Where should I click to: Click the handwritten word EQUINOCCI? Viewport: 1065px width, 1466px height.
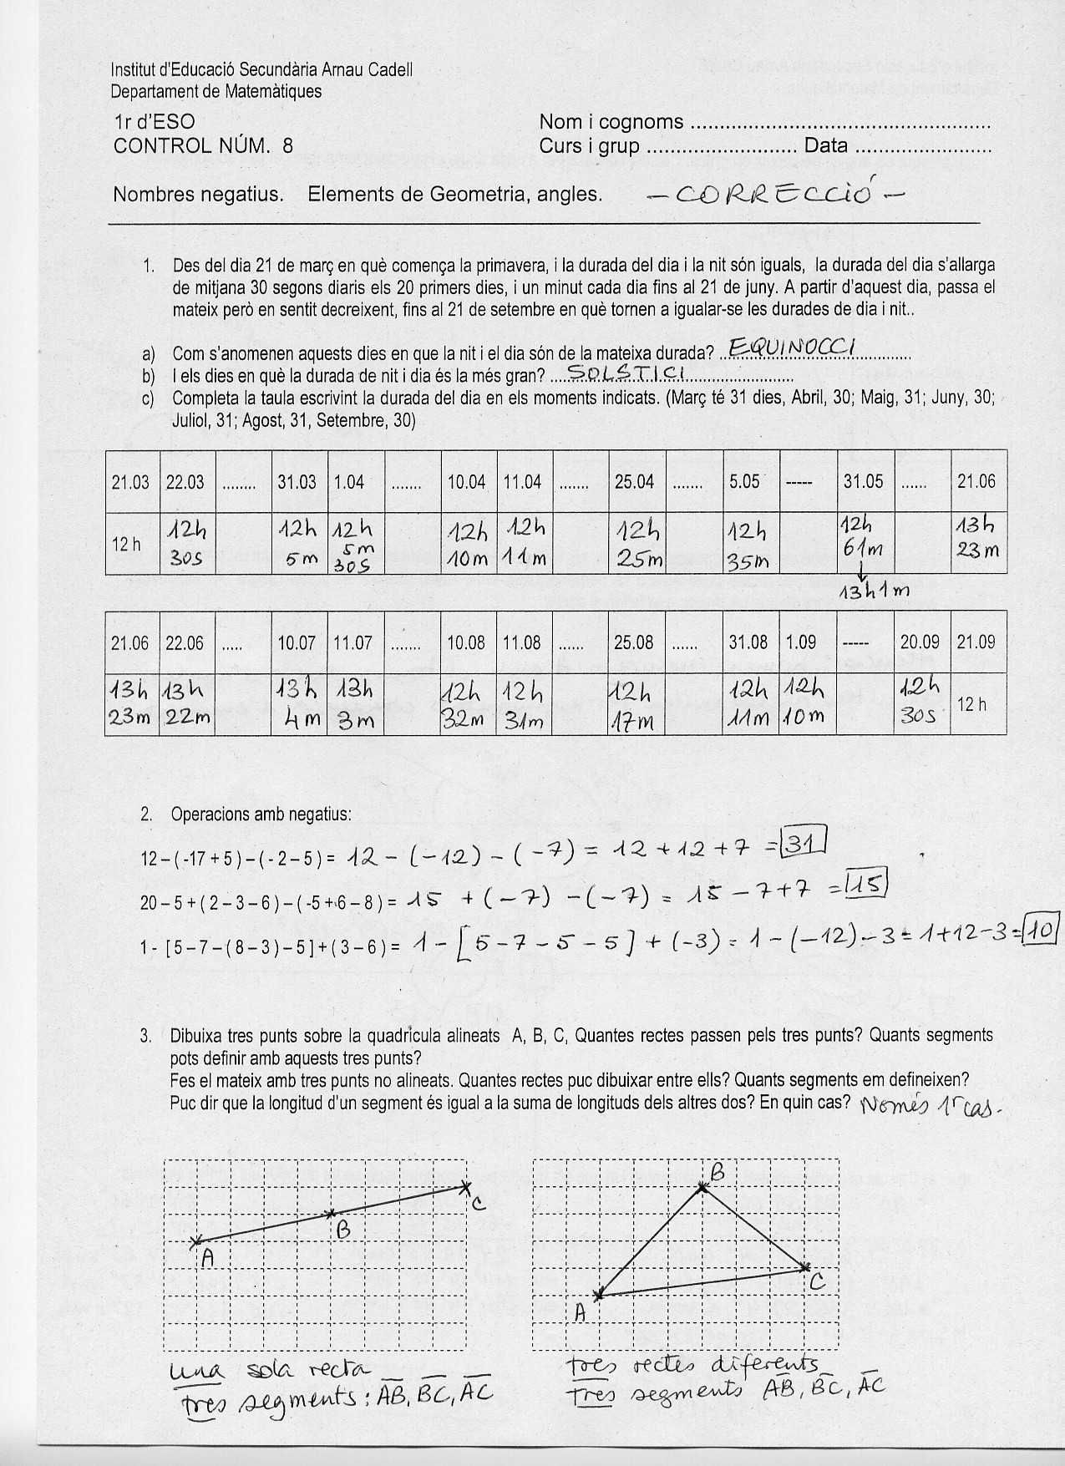click(x=789, y=347)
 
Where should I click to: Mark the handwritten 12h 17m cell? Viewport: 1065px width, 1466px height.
click(x=636, y=705)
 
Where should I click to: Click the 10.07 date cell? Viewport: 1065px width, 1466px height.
click(x=297, y=642)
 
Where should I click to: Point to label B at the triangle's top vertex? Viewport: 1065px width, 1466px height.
click(x=717, y=1173)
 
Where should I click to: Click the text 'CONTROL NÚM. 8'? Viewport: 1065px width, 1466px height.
click(x=203, y=146)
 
